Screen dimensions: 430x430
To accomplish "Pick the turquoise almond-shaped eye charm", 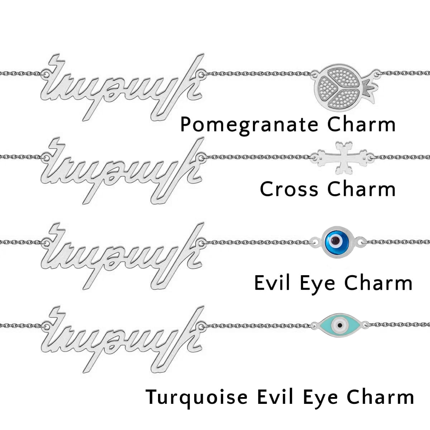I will [x=339, y=325].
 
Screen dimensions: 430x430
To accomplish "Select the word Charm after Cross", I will [x=362, y=189].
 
